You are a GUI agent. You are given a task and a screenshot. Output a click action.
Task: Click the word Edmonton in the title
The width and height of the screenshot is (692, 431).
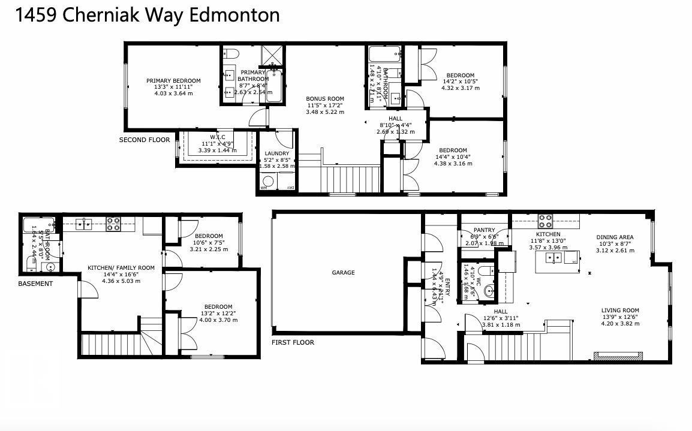(234, 14)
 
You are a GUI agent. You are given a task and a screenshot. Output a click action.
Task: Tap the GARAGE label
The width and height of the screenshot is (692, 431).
(344, 273)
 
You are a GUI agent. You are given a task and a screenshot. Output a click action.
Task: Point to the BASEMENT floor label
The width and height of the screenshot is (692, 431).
(35, 284)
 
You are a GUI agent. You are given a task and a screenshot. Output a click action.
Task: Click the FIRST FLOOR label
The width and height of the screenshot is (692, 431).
(293, 342)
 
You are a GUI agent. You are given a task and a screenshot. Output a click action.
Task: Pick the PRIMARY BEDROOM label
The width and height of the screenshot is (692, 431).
(173, 81)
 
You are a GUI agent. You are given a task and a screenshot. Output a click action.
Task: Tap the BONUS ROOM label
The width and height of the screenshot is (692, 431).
(325, 99)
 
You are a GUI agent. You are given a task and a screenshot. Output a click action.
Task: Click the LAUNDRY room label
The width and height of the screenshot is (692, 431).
(277, 153)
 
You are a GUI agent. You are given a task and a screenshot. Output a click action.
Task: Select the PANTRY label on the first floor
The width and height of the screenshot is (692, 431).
(484, 230)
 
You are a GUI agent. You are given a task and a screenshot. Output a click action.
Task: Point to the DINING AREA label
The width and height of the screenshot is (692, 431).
(615, 237)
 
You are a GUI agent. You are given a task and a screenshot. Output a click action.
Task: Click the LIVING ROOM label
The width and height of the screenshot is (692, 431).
(620, 311)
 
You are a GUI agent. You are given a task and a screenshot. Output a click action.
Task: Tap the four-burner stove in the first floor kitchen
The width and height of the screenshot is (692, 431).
(545, 220)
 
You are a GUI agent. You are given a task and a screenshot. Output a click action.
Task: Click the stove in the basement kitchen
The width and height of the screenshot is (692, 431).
(114, 224)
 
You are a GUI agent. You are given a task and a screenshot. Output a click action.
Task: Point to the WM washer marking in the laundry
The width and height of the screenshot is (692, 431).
(263, 188)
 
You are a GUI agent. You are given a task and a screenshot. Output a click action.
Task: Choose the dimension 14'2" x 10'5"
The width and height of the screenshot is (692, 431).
(460, 82)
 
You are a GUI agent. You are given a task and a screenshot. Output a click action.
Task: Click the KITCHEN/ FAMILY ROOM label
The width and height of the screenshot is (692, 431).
(121, 268)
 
